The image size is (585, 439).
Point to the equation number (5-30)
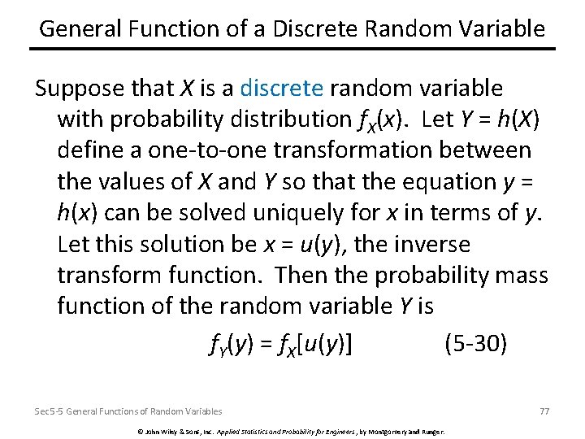click(476, 345)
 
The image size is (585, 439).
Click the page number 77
click(544, 411)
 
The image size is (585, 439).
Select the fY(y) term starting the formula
click(232, 346)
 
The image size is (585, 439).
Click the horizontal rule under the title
click(292, 50)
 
